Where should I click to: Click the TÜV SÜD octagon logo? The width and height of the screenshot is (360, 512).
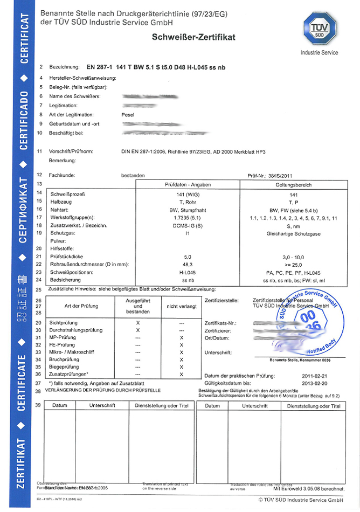pyautogui.click(x=320, y=29)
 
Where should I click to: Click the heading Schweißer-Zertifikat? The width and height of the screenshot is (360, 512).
pyautogui.click(x=194, y=37)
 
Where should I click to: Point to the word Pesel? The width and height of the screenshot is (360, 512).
pyautogui.click(x=128, y=115)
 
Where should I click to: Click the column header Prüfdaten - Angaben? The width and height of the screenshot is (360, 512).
pyautogui.click(x=187, y=184)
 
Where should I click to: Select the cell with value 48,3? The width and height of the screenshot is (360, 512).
pyautogui.click(x=188, y=265)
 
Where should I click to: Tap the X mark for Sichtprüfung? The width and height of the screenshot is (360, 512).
pyautogui.click(x=138, y=322)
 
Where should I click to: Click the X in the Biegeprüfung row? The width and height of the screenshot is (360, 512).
pyautogui.click(x=182, y=367)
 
